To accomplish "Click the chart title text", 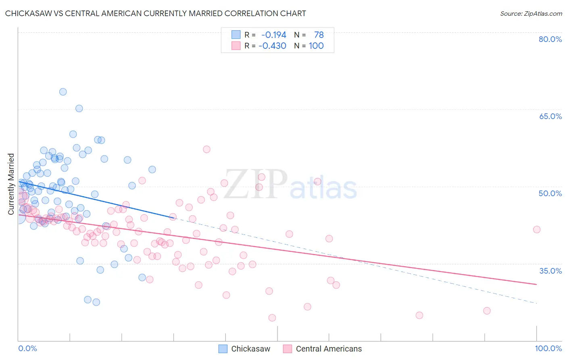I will (155, 13).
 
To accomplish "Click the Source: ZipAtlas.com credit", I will (531, 13).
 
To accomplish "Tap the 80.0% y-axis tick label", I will (550, 39).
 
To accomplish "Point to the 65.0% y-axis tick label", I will (550, 116).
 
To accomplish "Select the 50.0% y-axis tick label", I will (550, 193).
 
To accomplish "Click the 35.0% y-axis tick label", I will (550, 271).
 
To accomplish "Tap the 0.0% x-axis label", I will (27, 348).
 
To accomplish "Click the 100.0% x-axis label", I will (548, 348).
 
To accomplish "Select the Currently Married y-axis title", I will (11, 184).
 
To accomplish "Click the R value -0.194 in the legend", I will (274, 35).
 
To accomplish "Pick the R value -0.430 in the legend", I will (273, 46).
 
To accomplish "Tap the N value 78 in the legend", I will (319, 35).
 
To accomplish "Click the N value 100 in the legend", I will (316, 46).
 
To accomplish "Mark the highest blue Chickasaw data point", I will (63, 92).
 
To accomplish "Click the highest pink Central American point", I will (206, 149).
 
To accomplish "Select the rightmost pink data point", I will (536, 230).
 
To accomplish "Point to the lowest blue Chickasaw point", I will (96, 302).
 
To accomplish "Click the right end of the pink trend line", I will (536, 285).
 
